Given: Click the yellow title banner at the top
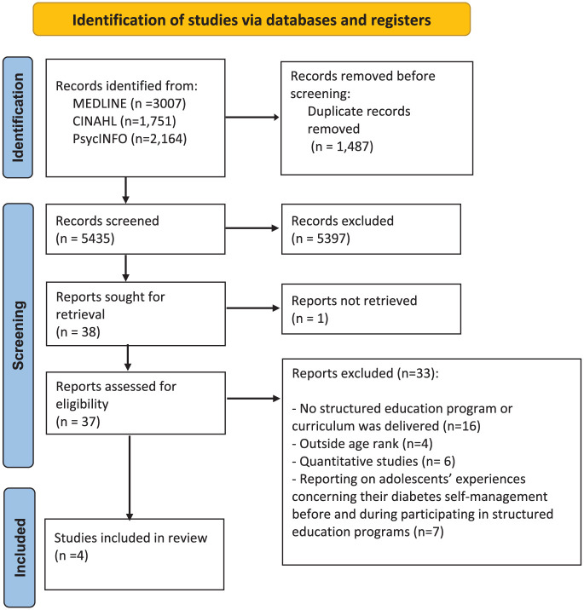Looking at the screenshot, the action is tap(252, 19).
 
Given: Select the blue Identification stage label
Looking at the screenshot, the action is tap(18, 118).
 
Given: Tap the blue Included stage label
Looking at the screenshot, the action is tap(20, 547).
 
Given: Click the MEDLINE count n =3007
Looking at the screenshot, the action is tap(159, 103).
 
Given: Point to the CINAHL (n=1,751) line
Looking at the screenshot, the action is tap(124, 121).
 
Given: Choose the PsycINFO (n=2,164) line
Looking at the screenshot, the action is tap(130, 139).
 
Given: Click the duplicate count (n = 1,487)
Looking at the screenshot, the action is tap(342, 147).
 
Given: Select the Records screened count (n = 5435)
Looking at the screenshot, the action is tap(85, 238).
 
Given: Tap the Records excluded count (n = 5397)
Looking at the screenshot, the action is tap(321, 238).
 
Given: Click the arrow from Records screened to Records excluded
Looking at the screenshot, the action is tap(252, 228).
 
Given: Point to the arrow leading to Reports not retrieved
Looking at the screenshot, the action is tap(253, 308).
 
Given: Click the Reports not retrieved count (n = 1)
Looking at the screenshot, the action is tap(310, 319).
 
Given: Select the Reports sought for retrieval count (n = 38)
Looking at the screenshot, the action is tap(78, 332).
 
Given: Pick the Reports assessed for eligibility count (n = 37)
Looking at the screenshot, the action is tap(78, 422).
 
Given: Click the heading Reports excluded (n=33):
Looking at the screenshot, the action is tap(365, 373).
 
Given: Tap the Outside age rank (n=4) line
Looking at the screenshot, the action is tap(362, 444).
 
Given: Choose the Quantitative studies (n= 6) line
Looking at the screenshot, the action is tap(373, 461).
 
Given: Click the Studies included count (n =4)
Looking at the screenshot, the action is tap(72, 555).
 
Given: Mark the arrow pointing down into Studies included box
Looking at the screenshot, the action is tap(130, 477).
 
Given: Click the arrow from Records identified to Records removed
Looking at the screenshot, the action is tap(252, 117).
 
